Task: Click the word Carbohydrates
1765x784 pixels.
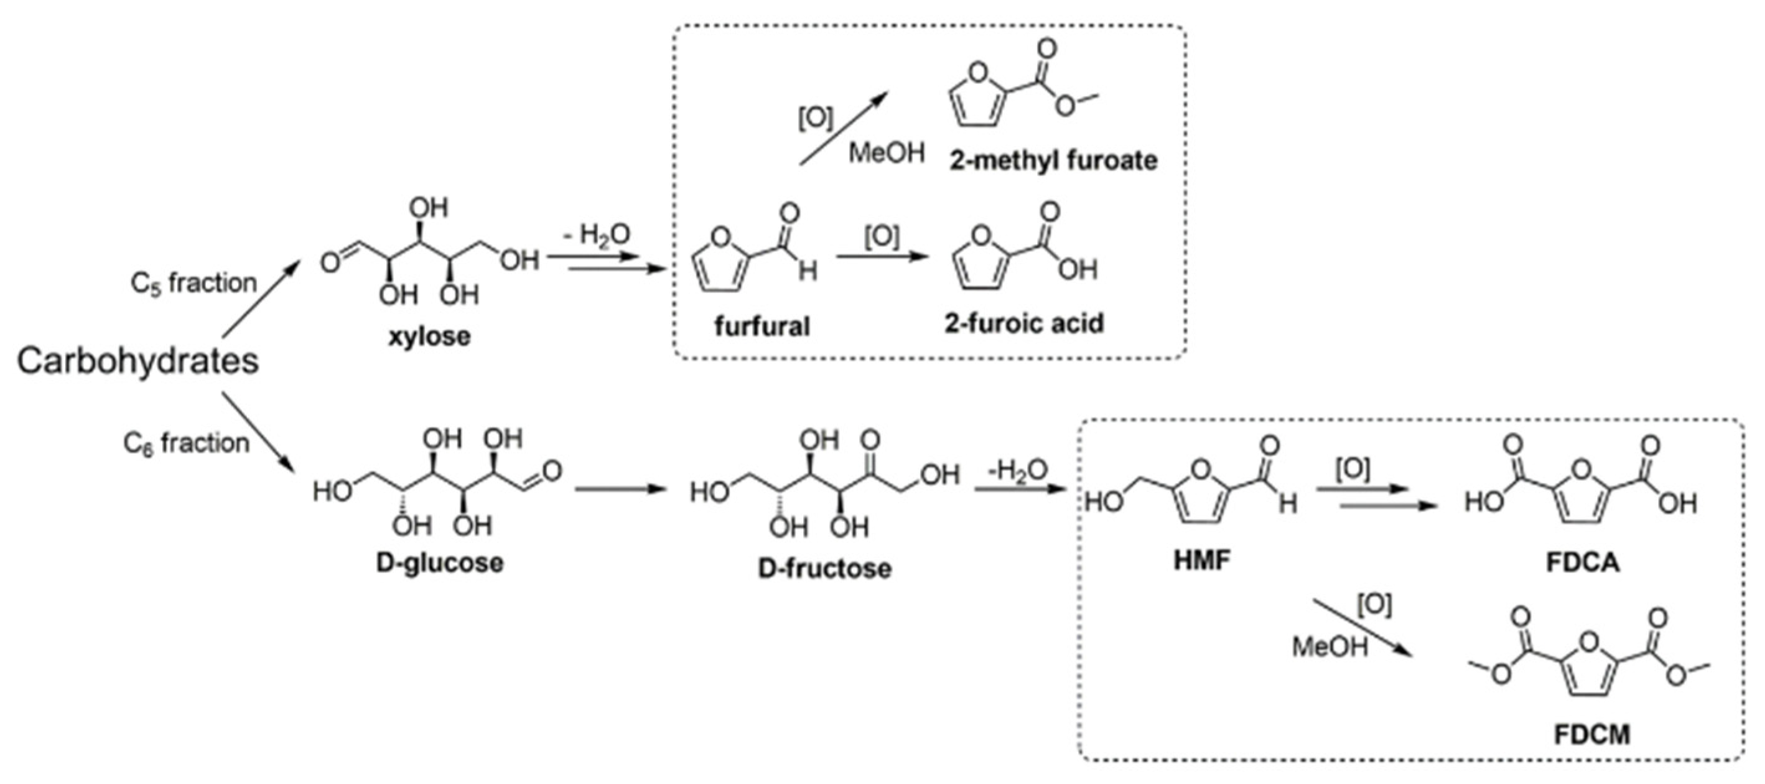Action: pyautogui.click(x=137, y=361)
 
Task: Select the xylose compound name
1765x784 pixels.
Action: pyautogui.click(x=430, y=337)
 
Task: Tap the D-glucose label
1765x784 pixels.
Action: pyautogui.click(x=440, y=563)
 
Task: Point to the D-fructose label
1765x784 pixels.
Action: pyautogui.click(x=825, y=568)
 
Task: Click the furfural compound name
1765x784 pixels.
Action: pyautogui.click(x=762, y=326)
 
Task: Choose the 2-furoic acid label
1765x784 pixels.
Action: pyautogui.click(x=1024, y=323)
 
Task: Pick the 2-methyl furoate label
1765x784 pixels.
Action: pyautogui.click(x=1053, y=161)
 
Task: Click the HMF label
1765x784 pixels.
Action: pyautogui.click(x=1202, y=560)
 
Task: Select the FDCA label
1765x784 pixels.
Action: pyautogui.click(x=1583, y=562)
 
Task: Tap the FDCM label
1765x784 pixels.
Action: pyautogui.click(x=1590, y=735)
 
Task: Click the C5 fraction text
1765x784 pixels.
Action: pyautogui.click(x=193, y=283)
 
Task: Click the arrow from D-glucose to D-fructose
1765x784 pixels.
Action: pyautogui.click(x=621, y=488)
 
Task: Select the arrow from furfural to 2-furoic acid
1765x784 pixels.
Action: pyautogui.click(x=882, y=257)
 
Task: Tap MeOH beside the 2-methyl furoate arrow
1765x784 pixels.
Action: pyautogui.click(x=887, y=152)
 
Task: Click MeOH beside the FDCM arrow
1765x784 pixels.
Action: pyautogui.click(x=1330, y=646)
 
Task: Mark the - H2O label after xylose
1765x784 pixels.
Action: pyautogui.click(x=596, y=235)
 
